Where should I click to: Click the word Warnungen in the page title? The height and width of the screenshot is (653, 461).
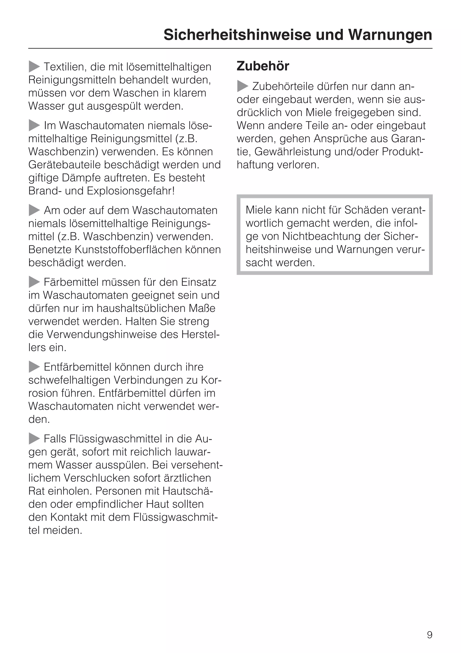click(390, 35)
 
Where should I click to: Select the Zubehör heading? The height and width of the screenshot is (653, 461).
click(263, 66)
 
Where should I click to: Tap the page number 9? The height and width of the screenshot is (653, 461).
click(429, 635)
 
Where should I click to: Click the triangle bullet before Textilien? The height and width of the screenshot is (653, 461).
click(34, 67)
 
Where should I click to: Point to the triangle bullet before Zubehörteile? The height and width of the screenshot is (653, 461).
click(243, 86)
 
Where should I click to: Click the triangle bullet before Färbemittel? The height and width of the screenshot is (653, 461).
click(34, 282)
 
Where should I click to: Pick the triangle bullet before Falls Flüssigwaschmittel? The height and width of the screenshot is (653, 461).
click(34, 439)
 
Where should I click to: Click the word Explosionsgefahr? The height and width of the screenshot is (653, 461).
click(131, 191)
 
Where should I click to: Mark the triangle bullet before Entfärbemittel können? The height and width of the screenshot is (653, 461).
click(34, 367)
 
